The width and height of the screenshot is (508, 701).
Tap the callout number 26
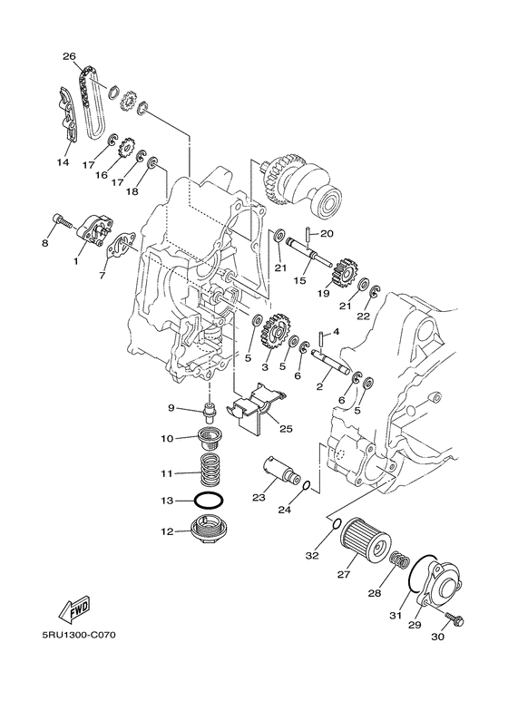pos(69,56)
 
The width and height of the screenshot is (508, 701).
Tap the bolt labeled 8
pos(62,220)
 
